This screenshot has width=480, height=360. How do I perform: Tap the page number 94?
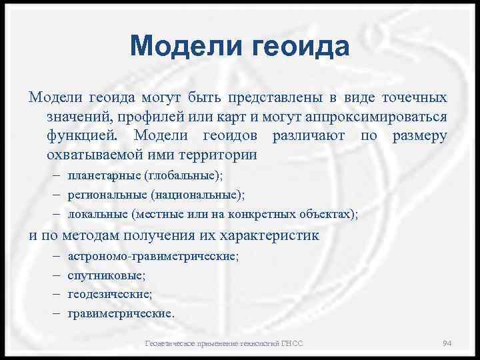(447, 343)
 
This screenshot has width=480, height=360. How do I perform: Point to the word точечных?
(414, 98)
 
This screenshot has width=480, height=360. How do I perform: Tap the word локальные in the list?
(97, 214)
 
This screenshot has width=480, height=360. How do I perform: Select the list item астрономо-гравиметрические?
(153, 256)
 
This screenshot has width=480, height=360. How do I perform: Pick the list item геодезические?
(110, 294)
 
